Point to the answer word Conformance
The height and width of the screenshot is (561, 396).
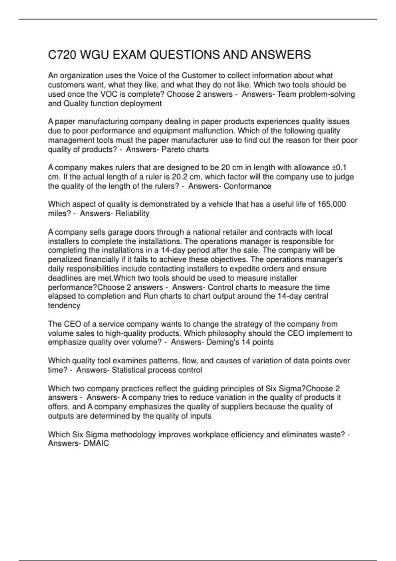point(247,186)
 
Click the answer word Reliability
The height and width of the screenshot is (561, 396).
point(132,214)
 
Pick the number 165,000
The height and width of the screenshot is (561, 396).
point(331,204)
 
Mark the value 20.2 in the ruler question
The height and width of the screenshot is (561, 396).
point(181,177)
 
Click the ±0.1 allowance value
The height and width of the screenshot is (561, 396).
point(339,168)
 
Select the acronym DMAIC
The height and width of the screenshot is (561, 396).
point(96,444)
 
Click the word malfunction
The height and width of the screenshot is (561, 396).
point(214,131)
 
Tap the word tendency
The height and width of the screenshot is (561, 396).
point(64,306)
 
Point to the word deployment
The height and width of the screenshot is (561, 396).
point(141,104)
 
